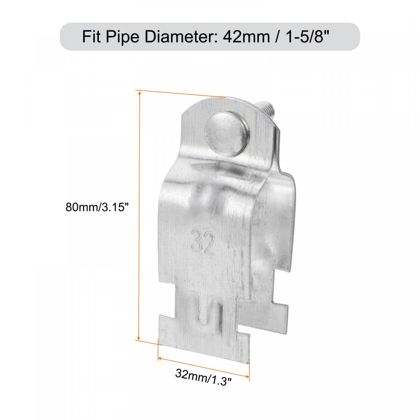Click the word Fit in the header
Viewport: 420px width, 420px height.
(x=91, y=36)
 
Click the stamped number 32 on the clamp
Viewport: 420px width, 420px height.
(x=203, y=242)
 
